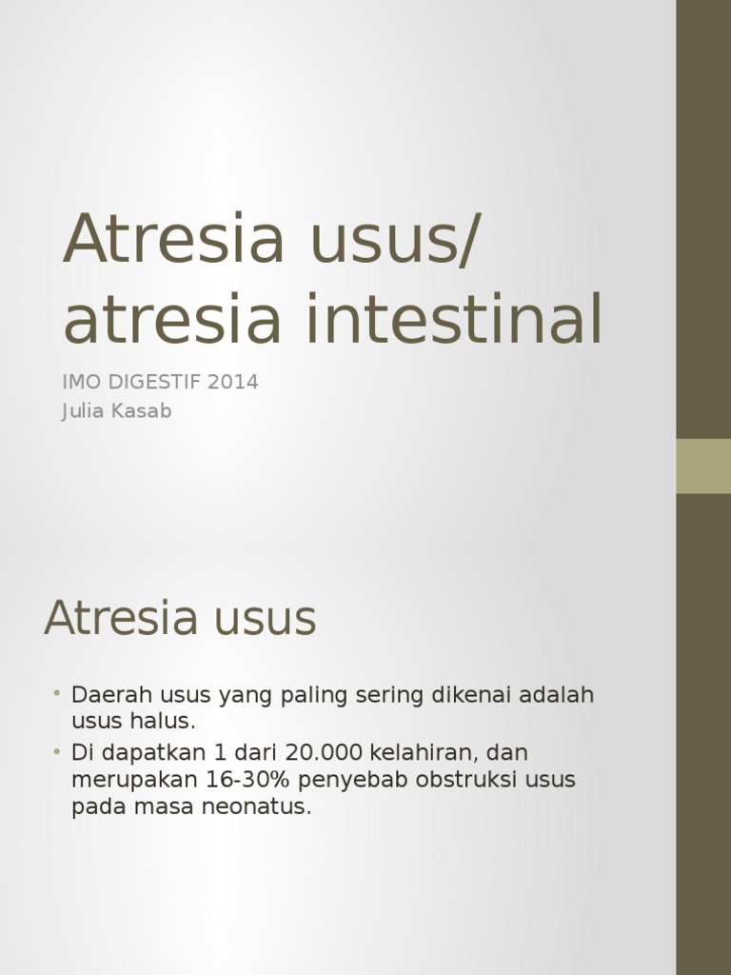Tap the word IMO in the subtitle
coord(82,382)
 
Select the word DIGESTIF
coord(156,382)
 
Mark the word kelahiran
coord(411,751)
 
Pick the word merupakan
coord(133,779)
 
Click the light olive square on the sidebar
coord(703,466)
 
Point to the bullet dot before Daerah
coord(57,692)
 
